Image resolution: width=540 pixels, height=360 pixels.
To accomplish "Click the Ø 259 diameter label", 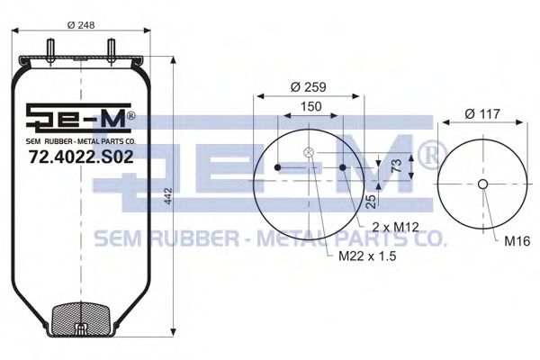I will pos(309,88).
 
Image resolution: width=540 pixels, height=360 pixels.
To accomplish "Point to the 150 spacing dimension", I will pos(311,105).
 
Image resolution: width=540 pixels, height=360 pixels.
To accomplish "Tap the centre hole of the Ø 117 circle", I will pos(482,184).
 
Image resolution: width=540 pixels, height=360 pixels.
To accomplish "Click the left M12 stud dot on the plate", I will pos(278,167).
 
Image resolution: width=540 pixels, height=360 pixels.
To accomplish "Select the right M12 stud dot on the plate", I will pos(344,167).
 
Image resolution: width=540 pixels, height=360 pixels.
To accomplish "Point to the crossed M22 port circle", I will pos(310,152).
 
